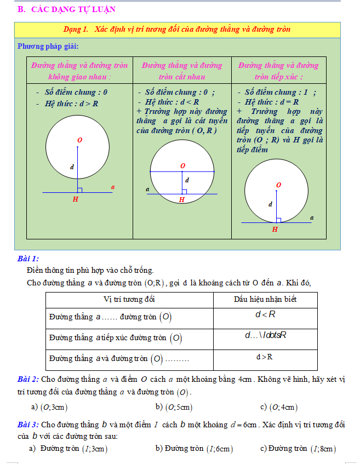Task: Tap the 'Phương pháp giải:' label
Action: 48,46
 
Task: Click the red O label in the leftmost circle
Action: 79,141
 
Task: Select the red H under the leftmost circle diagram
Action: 76,199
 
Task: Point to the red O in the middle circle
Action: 182,165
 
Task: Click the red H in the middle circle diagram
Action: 182,200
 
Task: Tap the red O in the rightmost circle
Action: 278,186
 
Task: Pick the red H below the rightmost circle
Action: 275,230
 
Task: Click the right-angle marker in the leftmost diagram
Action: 80,190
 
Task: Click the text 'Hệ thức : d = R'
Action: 272,101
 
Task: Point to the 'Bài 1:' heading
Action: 28,259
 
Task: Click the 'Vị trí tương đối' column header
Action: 129,300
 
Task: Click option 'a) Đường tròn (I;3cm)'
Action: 68,449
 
